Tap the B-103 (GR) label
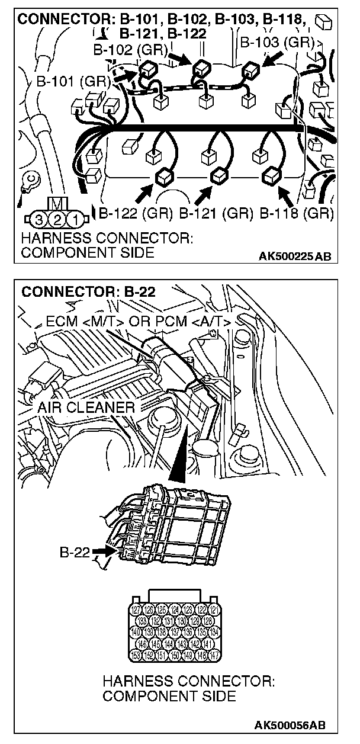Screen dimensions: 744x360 (276, 43)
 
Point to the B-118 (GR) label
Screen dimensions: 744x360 (297, 213)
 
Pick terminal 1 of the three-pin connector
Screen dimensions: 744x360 (75, 220)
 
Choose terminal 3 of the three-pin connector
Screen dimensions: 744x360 (38, 220)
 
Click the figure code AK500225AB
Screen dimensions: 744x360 (295, 256)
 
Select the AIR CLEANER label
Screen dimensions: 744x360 (85, 408)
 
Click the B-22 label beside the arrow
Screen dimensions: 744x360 (73, 553)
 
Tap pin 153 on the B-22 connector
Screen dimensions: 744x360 (136, 655)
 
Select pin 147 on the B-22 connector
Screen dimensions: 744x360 (214, 655)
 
